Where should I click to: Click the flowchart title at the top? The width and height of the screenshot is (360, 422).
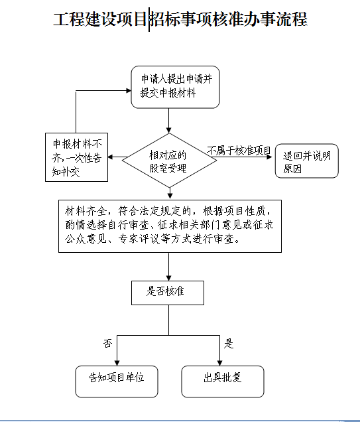click(180, 19)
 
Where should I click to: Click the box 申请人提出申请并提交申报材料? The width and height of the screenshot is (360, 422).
click(175, 87)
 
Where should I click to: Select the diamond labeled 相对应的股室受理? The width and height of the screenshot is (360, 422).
click(169, 161)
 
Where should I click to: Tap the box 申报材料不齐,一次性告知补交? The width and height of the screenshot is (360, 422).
click(77, 157)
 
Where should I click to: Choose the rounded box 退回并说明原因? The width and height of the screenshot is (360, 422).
click(307, 161)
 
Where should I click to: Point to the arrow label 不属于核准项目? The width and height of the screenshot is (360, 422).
click(239, 151)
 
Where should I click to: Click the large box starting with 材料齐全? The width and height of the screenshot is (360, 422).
click(170, 226)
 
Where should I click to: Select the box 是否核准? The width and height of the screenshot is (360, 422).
click(168, 293)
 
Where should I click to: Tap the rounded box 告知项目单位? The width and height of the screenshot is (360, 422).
click(117, 382)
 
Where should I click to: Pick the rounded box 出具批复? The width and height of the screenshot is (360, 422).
click(223, 382)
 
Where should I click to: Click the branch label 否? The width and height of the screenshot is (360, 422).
click(107, 343)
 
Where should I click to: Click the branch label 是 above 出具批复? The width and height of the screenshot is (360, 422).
click(229, 344)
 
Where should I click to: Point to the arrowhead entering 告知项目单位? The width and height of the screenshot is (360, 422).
click(117, 363)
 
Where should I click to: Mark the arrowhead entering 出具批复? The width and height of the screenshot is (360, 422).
click(219, 363)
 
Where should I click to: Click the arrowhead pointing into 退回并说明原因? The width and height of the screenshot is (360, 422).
click(269, 157)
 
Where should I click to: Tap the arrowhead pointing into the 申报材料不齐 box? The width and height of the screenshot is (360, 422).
click(111, 157)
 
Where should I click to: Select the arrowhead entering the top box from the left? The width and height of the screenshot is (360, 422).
click(129, 90)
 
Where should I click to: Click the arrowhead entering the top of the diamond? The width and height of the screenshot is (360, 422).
click(169, 130)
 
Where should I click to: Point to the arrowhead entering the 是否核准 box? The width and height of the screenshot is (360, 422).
click(169, 278)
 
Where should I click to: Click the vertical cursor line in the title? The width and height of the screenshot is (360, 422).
click(149, 19)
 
